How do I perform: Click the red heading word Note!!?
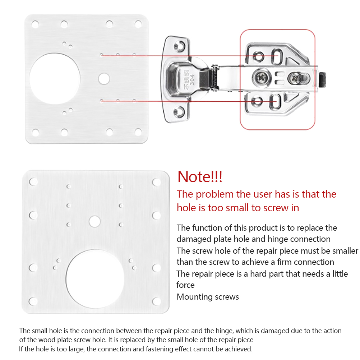[200, 177]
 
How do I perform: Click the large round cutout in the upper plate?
[55, 78]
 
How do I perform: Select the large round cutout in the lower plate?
[95, 279]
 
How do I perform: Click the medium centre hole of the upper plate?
[104, 79]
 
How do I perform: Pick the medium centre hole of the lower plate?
[94, 222]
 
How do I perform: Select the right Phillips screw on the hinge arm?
[295, 78]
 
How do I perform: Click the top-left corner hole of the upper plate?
[35, 24]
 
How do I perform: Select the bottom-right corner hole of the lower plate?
[156, 301]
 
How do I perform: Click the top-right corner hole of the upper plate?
[138, 24]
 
